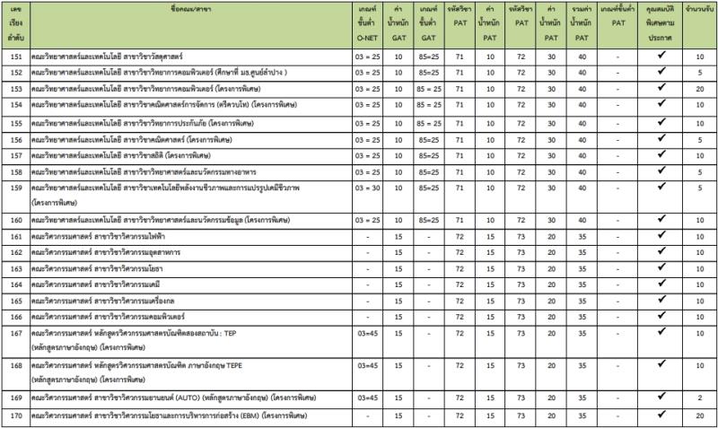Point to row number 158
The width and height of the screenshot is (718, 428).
tap(15, 171)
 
